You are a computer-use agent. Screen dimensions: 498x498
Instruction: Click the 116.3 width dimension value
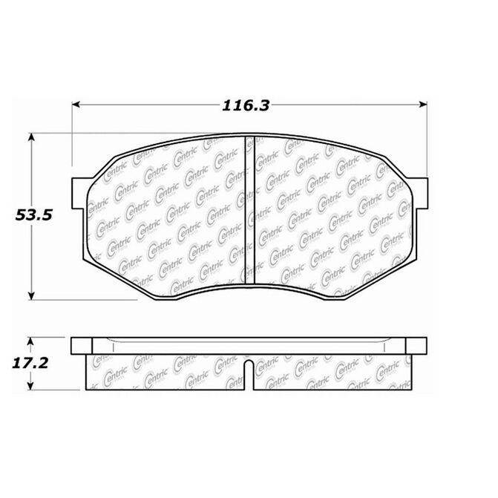[x=246, y=105]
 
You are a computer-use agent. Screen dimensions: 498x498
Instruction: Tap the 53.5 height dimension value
[x=33, y=215]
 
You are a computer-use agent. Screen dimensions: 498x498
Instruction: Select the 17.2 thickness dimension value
[x=30, y=363]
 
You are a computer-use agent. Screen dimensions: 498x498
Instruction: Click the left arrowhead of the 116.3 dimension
[x=76, y=105]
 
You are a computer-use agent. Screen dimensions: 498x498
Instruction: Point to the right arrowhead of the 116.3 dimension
[x=423, y=105]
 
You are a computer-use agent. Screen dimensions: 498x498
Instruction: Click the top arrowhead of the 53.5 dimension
[x=31, y=137]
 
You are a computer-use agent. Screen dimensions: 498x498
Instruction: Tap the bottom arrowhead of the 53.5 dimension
[x=31, y=296]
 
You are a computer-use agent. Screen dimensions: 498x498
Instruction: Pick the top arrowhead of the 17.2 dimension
[x=30, y=341]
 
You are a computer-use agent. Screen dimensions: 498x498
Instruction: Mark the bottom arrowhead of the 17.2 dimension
[x=30, y=386]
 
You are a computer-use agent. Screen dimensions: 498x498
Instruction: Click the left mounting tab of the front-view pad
[x=79, y=194]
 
